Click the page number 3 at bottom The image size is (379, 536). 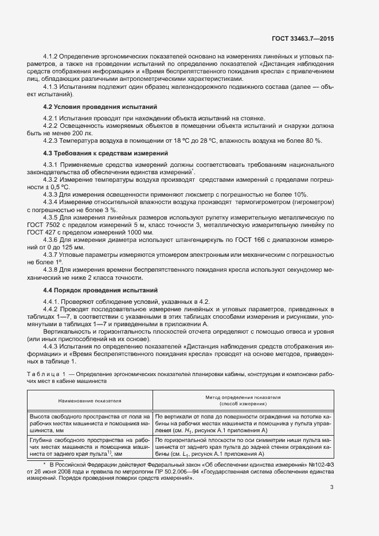coord(332,488)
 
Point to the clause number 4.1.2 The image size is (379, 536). coord(52,57)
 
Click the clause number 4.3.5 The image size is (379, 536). coord(52,218)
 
